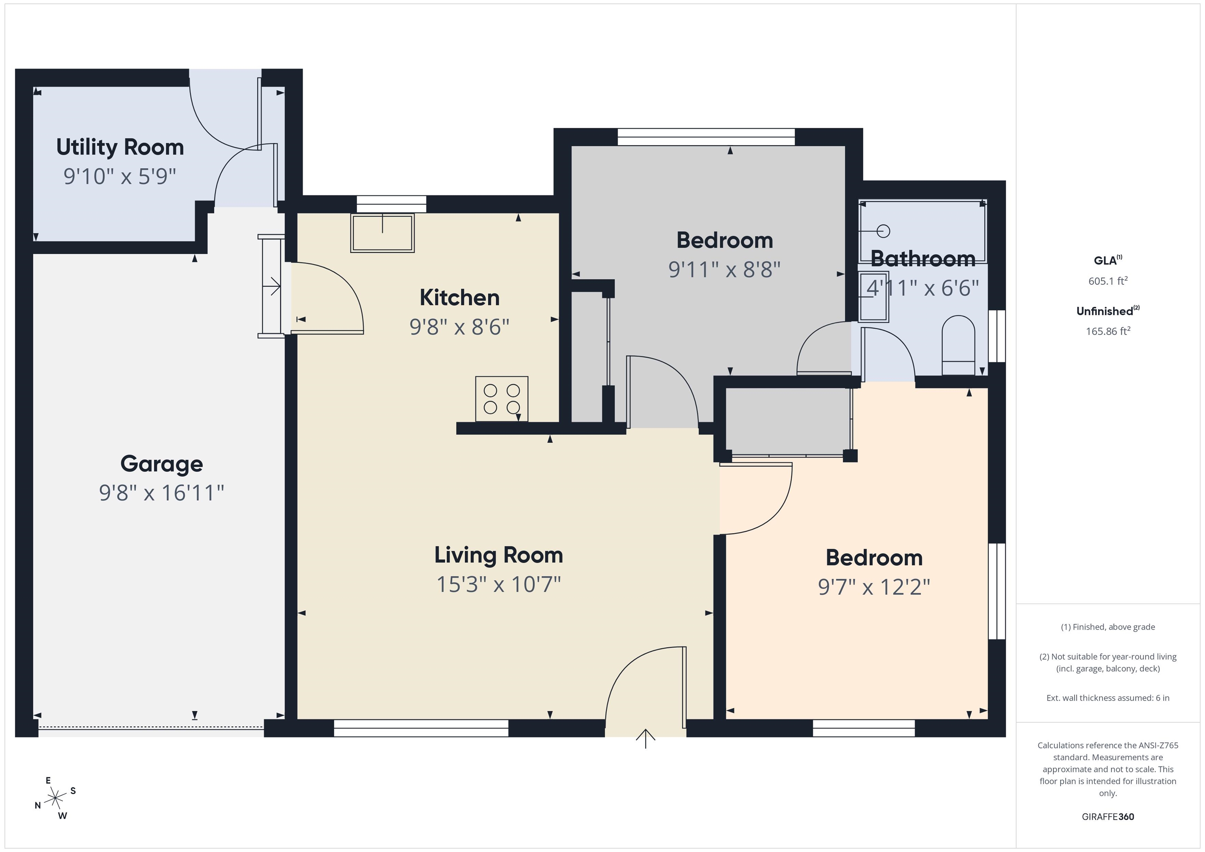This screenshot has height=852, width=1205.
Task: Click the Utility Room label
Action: click(x=120, y=147)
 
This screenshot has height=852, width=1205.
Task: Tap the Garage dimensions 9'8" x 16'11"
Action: click(x=162, y=492)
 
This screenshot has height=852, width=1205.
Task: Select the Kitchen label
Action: click(x=459, y=298)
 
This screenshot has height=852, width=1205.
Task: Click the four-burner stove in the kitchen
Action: click(x=502, y=399)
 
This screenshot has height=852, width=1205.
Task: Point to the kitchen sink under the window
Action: click(x=382, y=233)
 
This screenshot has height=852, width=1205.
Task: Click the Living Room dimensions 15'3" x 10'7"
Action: click(x=499, y=584)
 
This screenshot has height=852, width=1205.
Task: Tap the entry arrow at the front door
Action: click(x=646, y=738)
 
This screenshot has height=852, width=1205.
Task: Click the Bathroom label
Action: click(x=923, y=259)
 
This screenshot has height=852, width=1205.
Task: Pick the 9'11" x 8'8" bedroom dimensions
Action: click(x=724, y=270)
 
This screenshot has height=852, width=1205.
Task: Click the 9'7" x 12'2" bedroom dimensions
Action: click(x=874, y=587)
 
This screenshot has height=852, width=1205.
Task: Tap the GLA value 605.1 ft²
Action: click(x=1108, y=281)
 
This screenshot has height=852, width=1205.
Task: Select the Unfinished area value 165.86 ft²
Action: click(x=1108, y=331)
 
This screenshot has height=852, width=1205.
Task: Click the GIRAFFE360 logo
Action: click(x=1108, y=817)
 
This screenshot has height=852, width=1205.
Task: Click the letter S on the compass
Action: click(x=73, y=790)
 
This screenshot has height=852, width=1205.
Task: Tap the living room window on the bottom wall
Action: click(x=421, y=728)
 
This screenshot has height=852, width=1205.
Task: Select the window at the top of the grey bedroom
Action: click(x=706, y=137)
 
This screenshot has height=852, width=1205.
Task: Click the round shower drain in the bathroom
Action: click(x=883, y=231)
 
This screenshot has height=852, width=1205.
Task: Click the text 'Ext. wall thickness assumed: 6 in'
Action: click(x=1108, y=698)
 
